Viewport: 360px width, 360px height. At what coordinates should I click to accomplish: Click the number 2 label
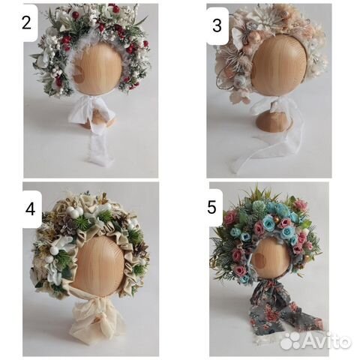coord(26,22)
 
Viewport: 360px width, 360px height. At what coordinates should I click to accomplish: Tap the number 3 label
coord(217,25)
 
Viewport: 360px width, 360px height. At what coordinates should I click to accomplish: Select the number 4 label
coord(30,209)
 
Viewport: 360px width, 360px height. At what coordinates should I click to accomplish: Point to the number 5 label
coord(211,207)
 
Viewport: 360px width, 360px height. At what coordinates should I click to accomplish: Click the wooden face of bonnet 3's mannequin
coord(279,65)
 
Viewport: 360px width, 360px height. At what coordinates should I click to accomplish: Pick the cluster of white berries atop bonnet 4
coord(74,211)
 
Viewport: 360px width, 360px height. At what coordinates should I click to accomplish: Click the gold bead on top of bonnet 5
coord(275,220)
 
